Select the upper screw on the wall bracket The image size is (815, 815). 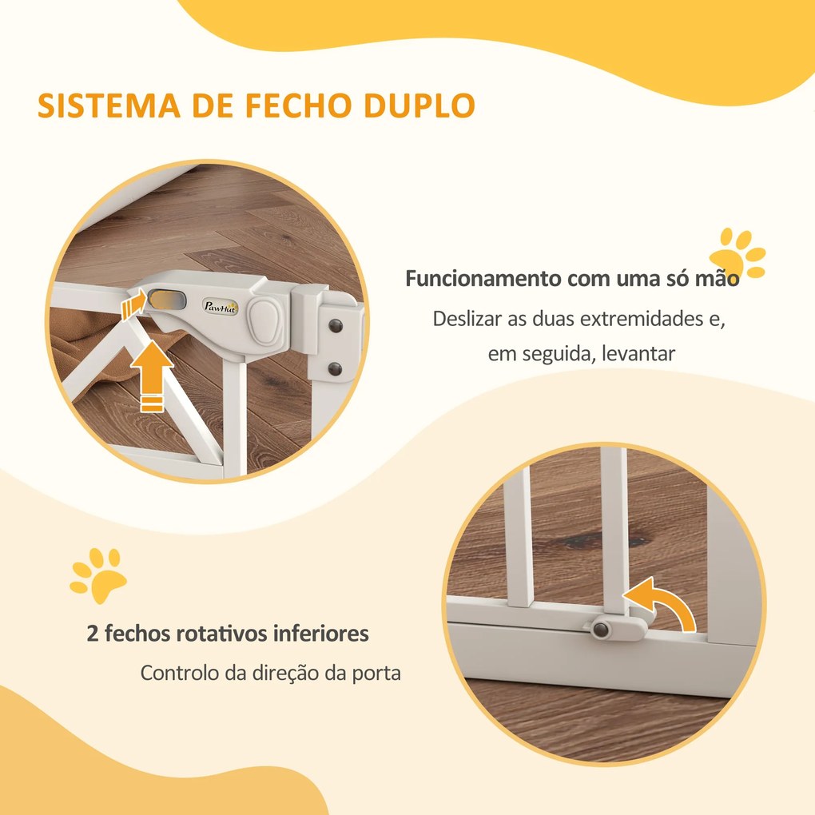click(336, 325)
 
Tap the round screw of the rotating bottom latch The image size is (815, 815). click(601, 630)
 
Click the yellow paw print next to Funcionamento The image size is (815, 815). click(737, 253)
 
